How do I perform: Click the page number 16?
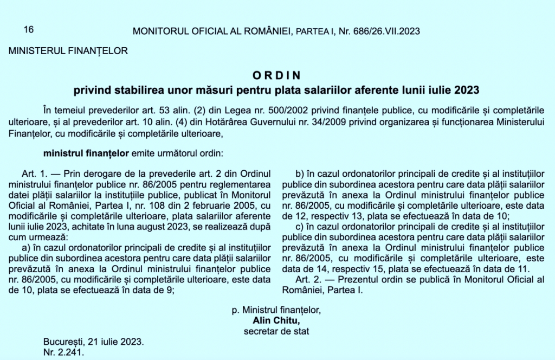pyautogui.click(x=29, y=30)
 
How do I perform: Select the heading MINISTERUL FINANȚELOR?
pyautogui.click(x=68, y=52)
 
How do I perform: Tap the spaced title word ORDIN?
pyautogui.click(x=276, y=75)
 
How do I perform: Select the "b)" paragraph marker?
pyautogui.click(x=300, y=174)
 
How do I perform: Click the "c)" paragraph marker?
pyautogui.click(x=300, y=227)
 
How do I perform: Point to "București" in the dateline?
pyautogui.click(x=62, y=342)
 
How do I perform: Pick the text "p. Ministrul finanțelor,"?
pyautogui.click(x=276, y=310)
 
